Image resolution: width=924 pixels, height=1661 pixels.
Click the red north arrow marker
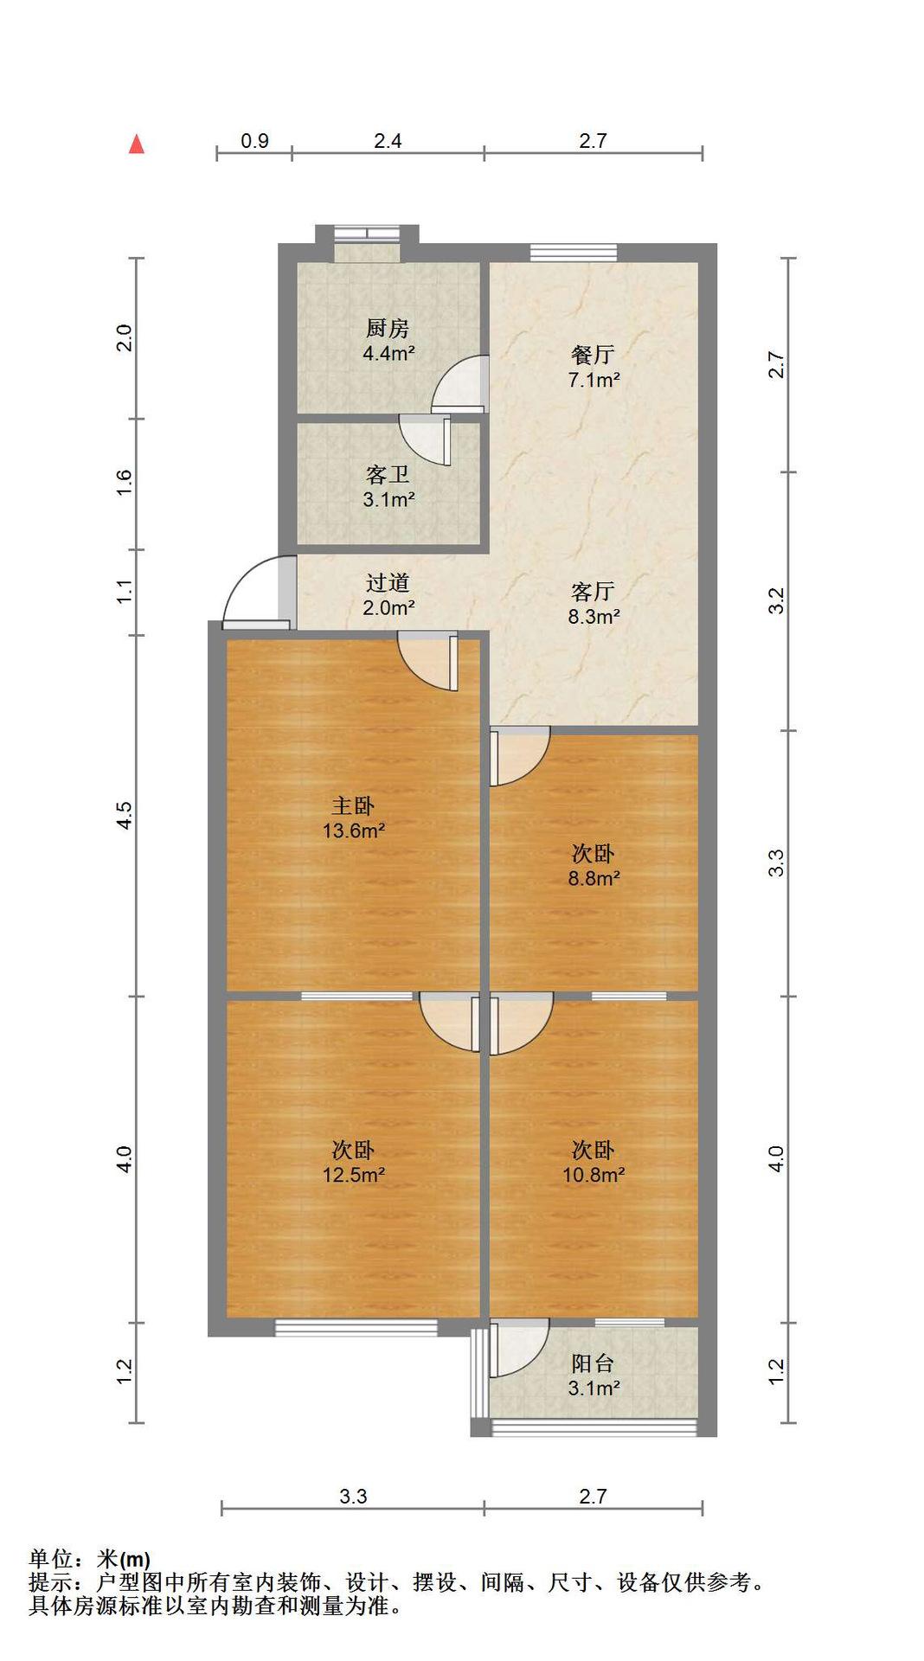137,144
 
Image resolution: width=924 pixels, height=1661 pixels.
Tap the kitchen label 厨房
388,329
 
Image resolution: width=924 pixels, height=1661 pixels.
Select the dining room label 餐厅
594,355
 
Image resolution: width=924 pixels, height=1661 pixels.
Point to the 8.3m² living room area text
594,617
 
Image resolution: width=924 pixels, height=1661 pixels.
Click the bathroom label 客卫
388,475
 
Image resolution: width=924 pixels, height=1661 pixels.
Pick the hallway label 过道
388,583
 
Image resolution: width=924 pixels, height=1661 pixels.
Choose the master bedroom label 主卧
353,806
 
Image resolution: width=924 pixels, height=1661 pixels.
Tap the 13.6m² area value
354,831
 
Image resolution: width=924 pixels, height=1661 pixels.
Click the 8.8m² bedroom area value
594,879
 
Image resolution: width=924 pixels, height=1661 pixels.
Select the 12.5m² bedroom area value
354,1176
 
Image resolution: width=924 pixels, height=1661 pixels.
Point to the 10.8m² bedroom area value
594,1175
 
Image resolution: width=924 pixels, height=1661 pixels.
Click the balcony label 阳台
594,1363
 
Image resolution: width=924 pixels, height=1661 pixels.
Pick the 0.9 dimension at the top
254,141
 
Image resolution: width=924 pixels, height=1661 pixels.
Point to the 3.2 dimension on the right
777,600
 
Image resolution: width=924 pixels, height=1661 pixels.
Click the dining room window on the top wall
574,253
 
